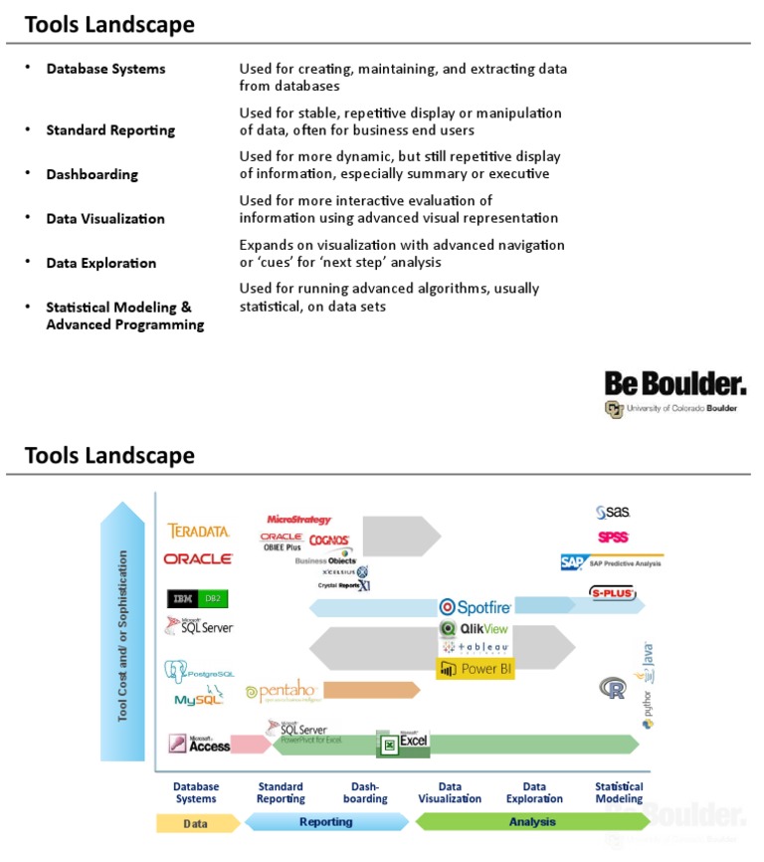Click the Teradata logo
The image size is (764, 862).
(199, 532)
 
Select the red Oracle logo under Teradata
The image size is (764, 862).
(198, 559)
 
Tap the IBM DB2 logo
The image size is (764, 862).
(198, 598)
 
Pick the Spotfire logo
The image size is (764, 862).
(475, 606)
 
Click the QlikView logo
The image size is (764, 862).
(474, 628)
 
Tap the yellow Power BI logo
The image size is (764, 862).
(475, 669)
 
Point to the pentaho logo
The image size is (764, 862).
(283, 692)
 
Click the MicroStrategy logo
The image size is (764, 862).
(298, 520)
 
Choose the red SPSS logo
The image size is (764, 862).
(613, 538)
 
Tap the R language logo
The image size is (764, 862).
(612, 687)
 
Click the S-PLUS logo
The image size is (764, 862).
(613, 594)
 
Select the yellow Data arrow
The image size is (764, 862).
(197, 823)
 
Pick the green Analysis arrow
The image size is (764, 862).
(532, 822)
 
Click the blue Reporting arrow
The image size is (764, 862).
(326, 822)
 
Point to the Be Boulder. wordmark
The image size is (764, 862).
(674, 383)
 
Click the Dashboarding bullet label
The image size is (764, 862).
(92, 174)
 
